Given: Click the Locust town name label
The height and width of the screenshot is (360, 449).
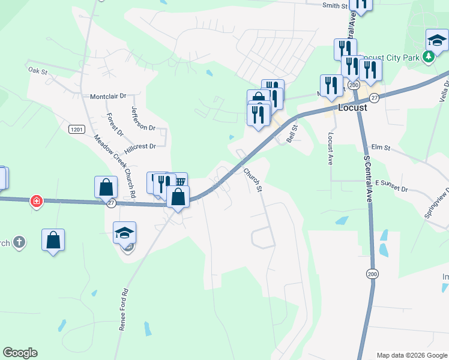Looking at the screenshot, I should [x=352, y=108].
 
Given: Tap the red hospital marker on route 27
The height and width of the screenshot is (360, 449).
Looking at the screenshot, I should [x=37, y=201].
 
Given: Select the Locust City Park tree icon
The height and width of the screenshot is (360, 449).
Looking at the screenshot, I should [x=428, y=57].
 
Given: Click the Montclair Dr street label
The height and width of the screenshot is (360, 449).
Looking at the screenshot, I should [x=108, y=96].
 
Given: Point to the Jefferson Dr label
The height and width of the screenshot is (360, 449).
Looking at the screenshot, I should [x=143, y=118].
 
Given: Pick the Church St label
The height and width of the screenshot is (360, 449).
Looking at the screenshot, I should [x=253, y=179].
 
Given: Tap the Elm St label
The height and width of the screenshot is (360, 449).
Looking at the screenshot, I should [x=381, y=147].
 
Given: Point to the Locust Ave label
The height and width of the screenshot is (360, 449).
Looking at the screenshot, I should [x=330, y=149].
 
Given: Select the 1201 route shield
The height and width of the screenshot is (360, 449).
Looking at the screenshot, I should [x=76, y=129].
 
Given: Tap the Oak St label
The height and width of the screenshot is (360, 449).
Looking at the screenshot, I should [x=37, y=70].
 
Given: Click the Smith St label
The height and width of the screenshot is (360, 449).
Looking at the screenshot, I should [x=335, y=5].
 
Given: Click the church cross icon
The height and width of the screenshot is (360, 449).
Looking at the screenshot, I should [x=19, y=242].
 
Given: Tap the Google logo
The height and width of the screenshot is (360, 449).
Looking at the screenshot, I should [x=20, y=353].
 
